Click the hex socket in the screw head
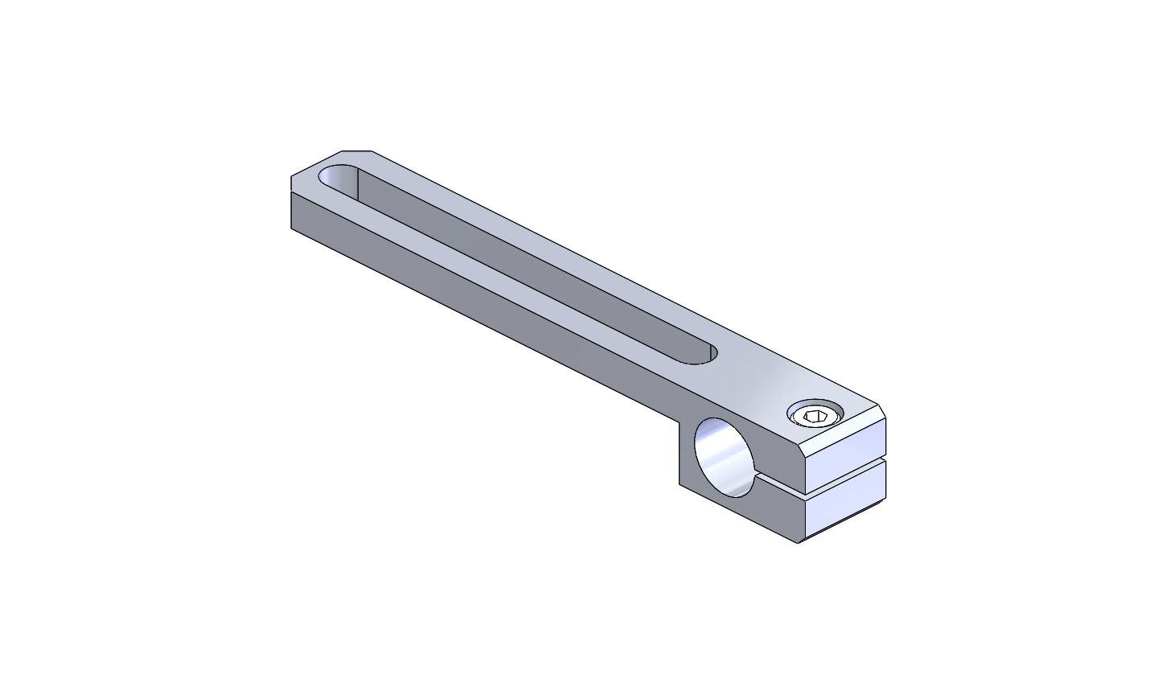pos(815,417)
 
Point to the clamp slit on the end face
pos(844,475)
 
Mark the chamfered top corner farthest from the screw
pos(358,150)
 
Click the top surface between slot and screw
pos(756,378)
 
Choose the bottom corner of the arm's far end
pos(291,228)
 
